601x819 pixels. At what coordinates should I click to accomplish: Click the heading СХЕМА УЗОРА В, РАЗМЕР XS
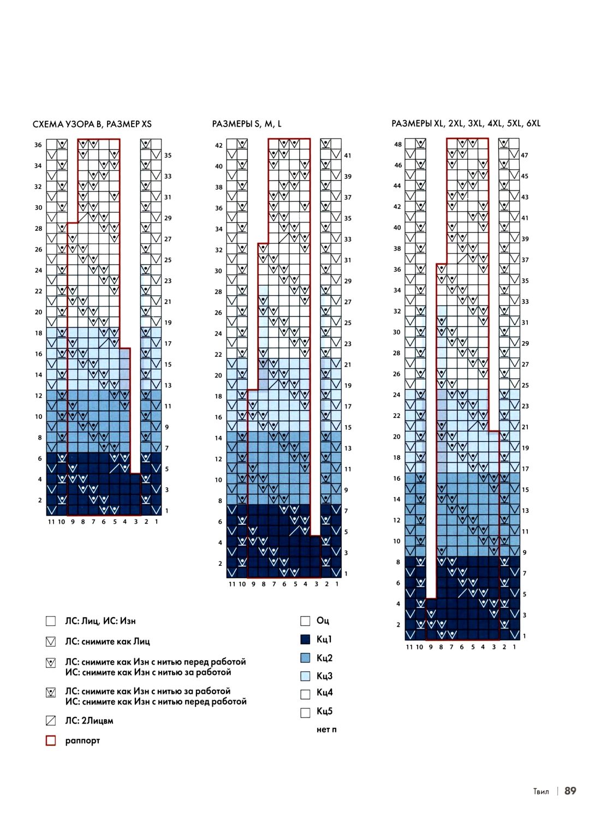pyautogui.click(x=92, y=124)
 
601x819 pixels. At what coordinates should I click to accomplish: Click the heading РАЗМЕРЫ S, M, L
pyautogui.click(x=247, y=124)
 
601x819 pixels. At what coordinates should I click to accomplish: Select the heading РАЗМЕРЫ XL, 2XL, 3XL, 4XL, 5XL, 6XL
pyautogui.click(x=466, y=123)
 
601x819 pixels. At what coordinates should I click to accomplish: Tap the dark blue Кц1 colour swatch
pyautogui.click(x=306, y=639)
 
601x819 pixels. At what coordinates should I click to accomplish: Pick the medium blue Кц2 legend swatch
pyautogui.click(x=306, y=658)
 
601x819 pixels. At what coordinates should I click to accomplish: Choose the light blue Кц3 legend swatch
pyautogui.click(x=306, y=676)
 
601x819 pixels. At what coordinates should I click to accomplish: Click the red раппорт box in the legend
pyautogui.click(x=51, y=740)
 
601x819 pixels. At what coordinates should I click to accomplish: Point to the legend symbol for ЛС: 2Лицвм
pyautogui.click(x=51, y=721)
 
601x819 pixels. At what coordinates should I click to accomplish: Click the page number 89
pyautogui.click(x=570, y=791)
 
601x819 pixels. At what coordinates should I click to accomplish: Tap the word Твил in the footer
pyautogui.click(x=541, y=791)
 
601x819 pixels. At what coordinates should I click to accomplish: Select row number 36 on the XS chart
pyautogui.click(x=38, y=145)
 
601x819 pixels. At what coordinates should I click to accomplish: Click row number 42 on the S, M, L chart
pyautogui.click(x=219, y=146)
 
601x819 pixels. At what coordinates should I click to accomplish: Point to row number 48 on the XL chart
pyautogui.click(x=398, y=145)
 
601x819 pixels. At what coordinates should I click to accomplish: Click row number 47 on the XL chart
pyautogui.click(x=525, y=156)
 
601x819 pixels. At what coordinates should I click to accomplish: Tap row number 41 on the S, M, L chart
pyautogui.click(x=348, y=156)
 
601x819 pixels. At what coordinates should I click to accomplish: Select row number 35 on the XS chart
pyautogui.click(x=168, y=156)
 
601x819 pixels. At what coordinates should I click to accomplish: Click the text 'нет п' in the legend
pyautogui.click(x=326, y=730)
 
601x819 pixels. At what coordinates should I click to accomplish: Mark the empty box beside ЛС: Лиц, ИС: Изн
pyautogui.click(x=51, y=621)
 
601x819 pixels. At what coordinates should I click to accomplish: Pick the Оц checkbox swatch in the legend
pyautogui.click(x=306, y=621)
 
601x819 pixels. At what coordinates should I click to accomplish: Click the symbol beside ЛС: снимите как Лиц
pyautogui.click(x=51, y=642)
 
